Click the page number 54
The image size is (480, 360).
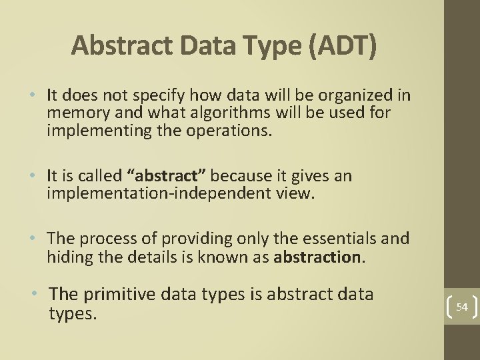[462, 307]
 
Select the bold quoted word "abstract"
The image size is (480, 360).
[167, 176]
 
